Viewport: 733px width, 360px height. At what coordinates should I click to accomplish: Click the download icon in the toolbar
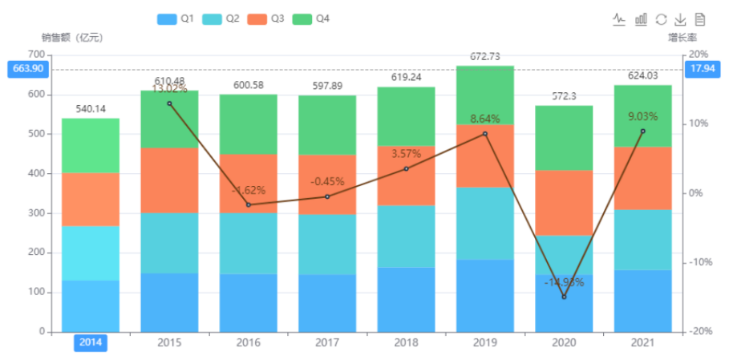(680, 19)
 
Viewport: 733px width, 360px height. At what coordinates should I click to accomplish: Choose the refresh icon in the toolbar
(661, 19)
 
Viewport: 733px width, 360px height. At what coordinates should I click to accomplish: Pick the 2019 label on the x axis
(484, 343)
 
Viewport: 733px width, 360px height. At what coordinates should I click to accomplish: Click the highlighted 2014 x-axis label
(90, 343)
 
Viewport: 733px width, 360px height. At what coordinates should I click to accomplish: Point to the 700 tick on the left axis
(35, 55)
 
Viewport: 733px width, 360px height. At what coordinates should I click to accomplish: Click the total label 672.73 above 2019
(484, 56)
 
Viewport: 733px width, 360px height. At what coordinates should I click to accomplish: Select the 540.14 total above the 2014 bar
(91, 109)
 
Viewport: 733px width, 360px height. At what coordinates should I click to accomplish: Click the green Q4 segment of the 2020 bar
(564, 138)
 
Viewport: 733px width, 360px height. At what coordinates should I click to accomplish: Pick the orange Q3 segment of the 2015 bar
(169, 180)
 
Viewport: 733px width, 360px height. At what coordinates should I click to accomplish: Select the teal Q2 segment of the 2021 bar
(642, 240)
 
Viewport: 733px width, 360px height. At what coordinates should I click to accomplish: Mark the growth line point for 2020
(564, 297)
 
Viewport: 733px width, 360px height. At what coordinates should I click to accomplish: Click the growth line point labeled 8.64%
(484, 134)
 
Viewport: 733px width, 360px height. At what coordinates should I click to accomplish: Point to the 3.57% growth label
(406, 153)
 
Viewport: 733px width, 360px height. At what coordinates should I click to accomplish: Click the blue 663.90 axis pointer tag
(26, 69)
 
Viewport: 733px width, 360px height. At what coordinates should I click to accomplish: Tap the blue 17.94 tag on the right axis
(703, 69)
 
